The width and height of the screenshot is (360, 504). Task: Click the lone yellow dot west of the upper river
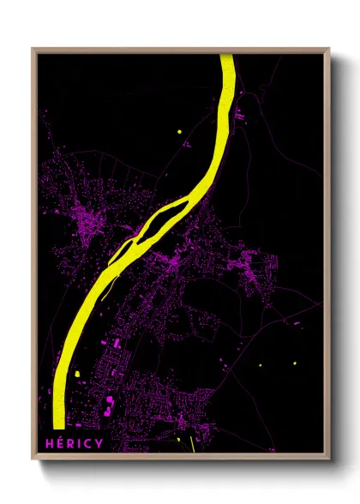pos(179,131)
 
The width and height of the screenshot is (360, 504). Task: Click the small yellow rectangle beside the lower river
pos(76,374)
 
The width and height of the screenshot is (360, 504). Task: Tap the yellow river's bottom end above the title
pos(57,424)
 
